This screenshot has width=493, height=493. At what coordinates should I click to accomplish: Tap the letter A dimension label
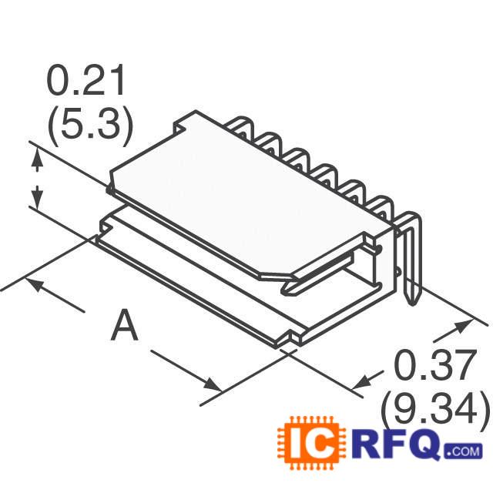click(x=124, y=326)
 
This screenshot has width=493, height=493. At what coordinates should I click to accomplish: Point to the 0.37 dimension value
click(x=433, y=368)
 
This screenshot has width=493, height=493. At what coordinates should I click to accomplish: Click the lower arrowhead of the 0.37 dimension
click(x=360, y=383)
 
